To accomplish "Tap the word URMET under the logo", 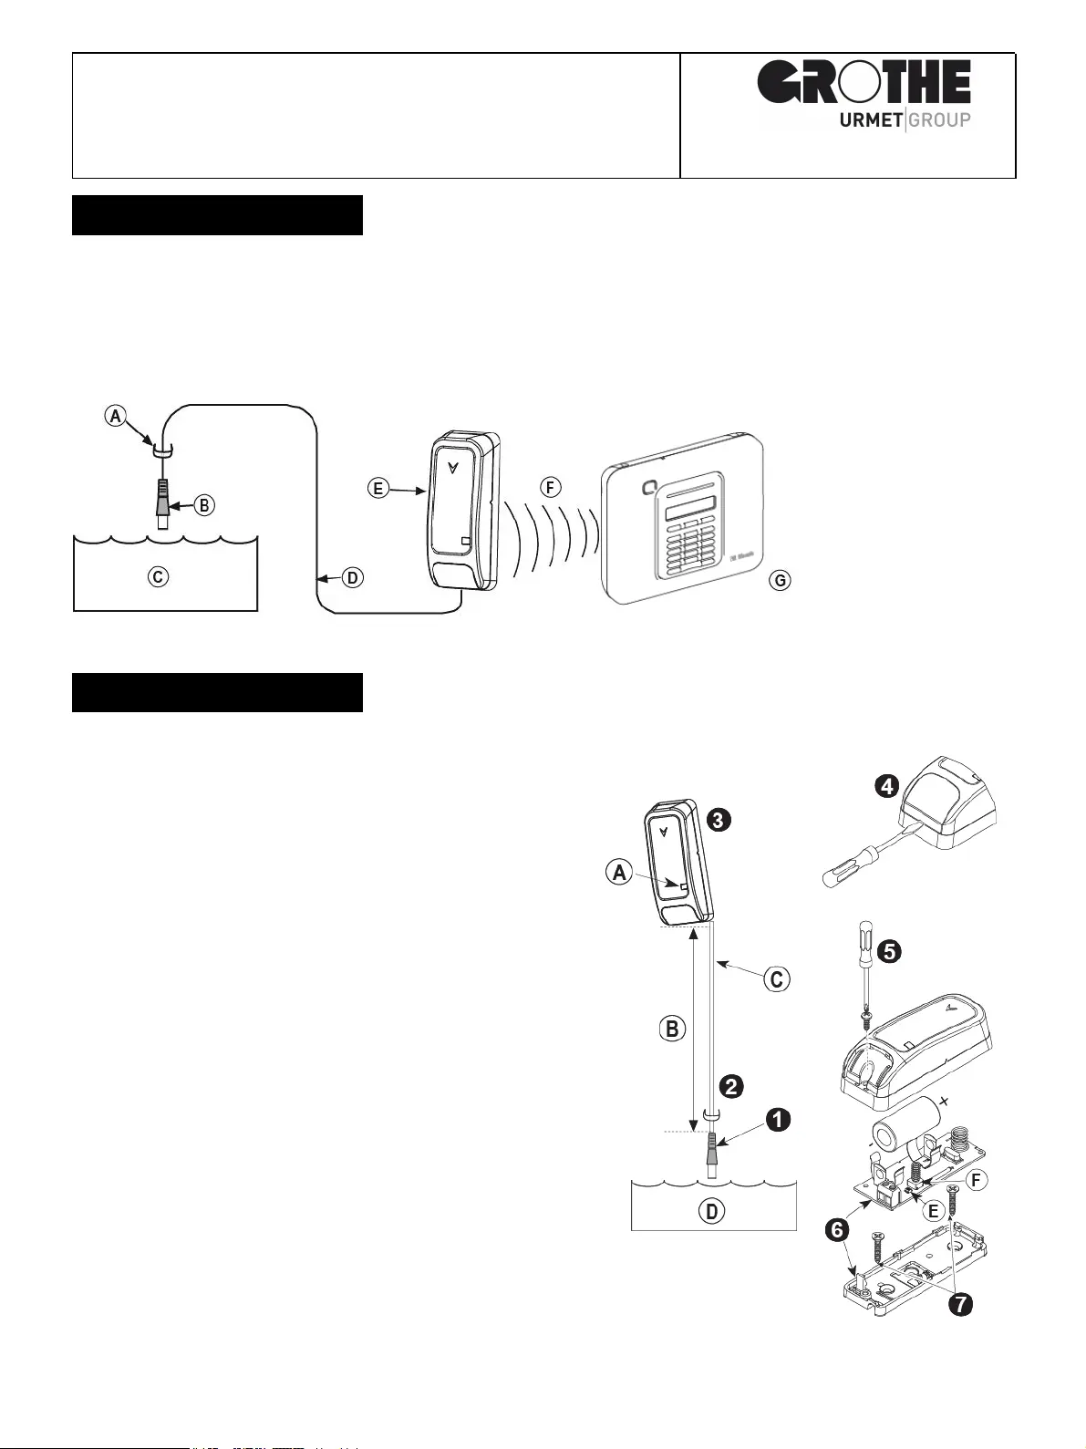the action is coord(870,119).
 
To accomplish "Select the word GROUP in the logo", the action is coord(939,119).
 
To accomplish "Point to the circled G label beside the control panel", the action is coord(779,580).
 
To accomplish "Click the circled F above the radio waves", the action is coord(549,487).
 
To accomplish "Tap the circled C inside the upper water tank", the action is coord(159,577).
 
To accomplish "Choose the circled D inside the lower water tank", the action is coord(710,1211).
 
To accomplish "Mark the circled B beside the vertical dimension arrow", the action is coord(671,1030).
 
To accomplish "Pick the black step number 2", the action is coord(730,1086).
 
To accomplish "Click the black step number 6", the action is coord(837,1229).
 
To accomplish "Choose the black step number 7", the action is coord(957,1305).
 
